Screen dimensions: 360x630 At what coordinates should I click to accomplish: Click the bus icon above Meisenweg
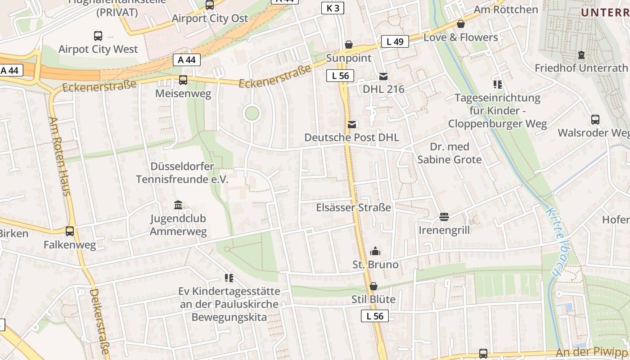183,80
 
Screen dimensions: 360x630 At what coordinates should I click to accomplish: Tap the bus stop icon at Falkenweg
70,231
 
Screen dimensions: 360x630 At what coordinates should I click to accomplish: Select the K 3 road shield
333,8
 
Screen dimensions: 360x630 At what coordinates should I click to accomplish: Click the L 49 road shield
395,42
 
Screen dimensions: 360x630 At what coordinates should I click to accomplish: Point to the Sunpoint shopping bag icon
349,45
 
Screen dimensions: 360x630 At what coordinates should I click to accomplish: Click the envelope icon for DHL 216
383,76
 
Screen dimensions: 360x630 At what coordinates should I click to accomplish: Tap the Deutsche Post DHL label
352,137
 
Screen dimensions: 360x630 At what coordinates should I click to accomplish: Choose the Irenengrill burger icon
444,217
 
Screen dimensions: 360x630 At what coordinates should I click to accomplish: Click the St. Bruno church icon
375,252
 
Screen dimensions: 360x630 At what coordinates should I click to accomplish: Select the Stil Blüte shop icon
373,286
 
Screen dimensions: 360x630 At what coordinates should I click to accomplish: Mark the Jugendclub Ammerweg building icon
178,205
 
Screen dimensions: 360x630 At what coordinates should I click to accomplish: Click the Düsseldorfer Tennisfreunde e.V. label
182,173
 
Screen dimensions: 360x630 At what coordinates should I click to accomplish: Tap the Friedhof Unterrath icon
581,55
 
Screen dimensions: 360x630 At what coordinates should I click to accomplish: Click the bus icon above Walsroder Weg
595,120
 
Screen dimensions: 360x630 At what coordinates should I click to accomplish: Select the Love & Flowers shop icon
460,24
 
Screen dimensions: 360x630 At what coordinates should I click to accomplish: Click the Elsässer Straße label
354,208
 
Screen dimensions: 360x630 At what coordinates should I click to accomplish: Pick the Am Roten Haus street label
60,156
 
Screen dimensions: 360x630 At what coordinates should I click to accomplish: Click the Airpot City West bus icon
98,36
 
